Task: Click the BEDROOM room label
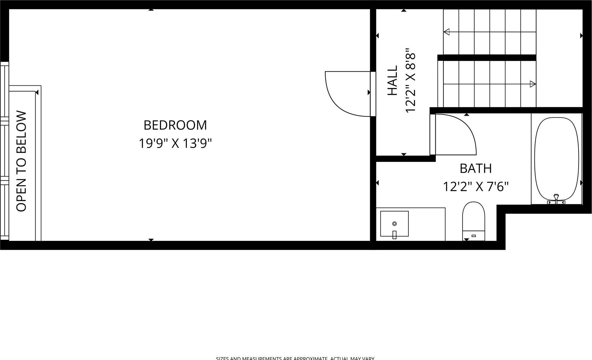click(175, 125)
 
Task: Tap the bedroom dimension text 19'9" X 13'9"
click(175, 143)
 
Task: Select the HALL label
click(393, 80)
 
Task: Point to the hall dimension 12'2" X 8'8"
click(410, 80)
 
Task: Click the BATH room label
click(475, 168)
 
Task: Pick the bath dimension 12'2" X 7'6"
click(475, 186)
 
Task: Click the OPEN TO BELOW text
click(21, 161)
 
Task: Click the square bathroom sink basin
click(394, 223)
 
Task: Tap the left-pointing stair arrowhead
click(447, 32)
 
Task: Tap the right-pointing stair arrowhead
click(533, 84)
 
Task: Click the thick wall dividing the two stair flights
click(486, 58)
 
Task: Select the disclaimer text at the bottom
click(295, 358)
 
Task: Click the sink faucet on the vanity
click(394, 234)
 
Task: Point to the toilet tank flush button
click(474, 235)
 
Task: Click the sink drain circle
click(394, 223)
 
